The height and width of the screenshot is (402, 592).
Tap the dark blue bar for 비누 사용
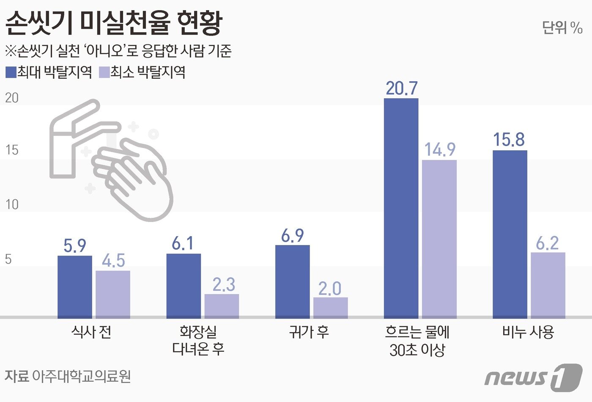point(510,234)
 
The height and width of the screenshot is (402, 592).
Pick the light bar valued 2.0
point(330,307)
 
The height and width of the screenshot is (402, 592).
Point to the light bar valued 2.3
point(222,306)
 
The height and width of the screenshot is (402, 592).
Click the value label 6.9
point(292,236)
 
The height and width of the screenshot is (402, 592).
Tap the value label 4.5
point(113,261)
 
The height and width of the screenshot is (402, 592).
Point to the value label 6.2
point(547,243)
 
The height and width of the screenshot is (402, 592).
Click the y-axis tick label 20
point(12,98)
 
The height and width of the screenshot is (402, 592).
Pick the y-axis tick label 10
point(12,205)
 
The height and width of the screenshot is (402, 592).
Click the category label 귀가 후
point(309,332)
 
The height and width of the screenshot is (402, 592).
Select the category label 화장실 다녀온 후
point(198,340)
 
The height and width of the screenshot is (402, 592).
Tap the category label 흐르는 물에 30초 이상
point(417,341)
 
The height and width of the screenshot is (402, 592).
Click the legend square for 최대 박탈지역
point(11,72)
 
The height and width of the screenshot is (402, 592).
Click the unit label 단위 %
point(562,28)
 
